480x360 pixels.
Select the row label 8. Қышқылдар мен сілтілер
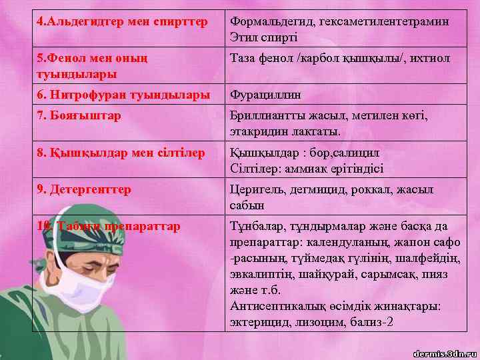coord(121,153)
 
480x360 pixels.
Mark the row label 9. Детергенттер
coord(84,189)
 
